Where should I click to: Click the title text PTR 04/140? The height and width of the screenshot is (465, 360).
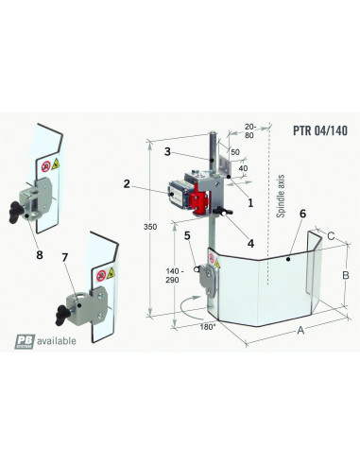click(x=310, y=130)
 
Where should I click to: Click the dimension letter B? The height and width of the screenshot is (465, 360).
click(x=347, y=275)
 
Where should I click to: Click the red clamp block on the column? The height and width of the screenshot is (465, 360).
click(x=199, y=201)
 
